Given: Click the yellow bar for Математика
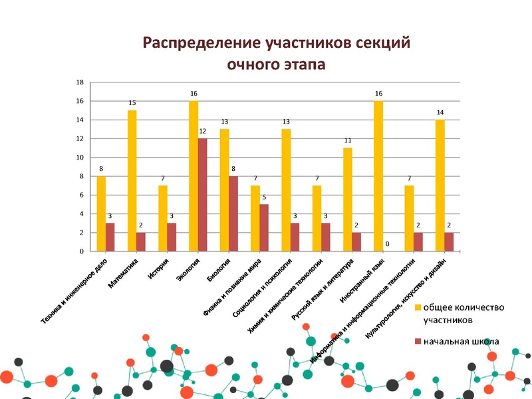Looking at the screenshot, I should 132,180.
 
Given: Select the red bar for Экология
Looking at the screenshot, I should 202,195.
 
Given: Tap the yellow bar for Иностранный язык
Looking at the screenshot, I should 378,176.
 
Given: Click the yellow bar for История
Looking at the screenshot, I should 162,218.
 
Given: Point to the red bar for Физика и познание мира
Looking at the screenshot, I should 264,227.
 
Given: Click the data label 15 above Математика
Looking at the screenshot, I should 132,103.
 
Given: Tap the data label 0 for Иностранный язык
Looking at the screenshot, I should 387,245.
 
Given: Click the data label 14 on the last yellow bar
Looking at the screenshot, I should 440,112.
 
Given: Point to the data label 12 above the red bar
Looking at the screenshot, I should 203,132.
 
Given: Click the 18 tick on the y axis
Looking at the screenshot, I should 80,82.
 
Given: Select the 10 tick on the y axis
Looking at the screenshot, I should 80,158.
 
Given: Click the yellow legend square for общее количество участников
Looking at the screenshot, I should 418,307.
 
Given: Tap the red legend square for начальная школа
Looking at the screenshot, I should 418,341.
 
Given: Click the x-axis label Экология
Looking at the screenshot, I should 188,271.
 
